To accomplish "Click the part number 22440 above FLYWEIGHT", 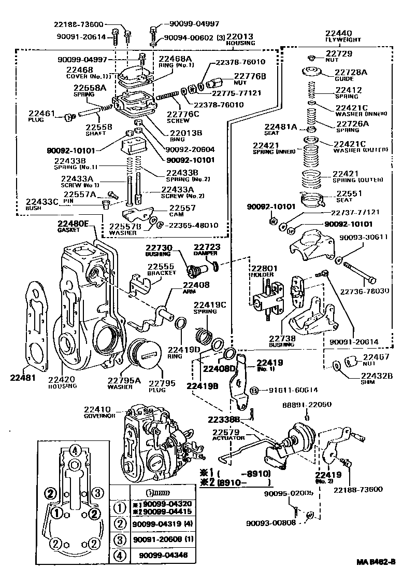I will [339, 32].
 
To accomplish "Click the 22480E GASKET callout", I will [73, 226].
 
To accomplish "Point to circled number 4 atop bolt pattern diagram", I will [75, 450].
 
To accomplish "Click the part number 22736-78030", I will [367, 291].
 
